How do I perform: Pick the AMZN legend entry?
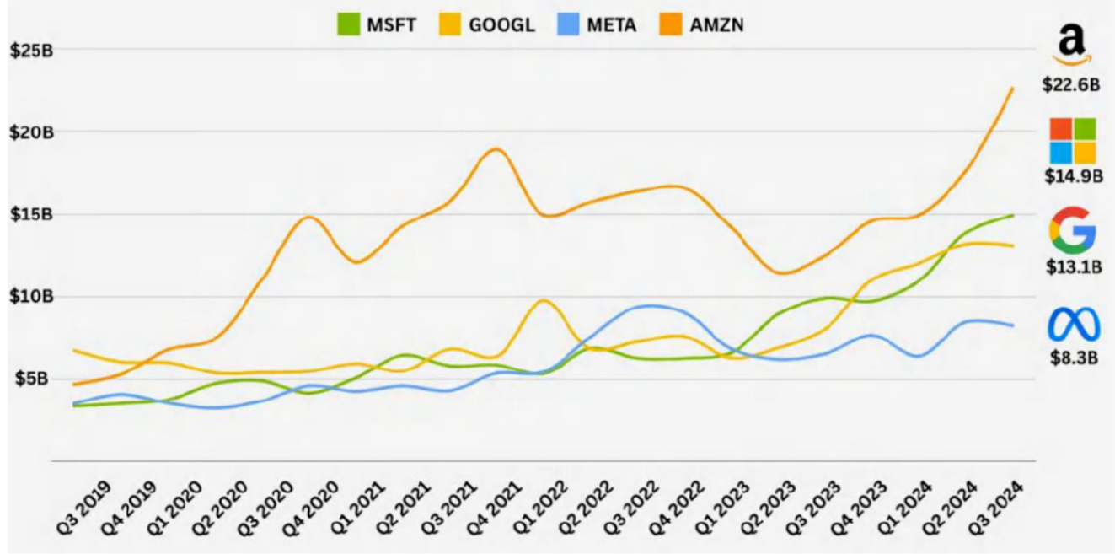click(705, 24)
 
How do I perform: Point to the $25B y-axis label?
click(31, 50)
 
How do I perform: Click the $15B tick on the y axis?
click(31, 214)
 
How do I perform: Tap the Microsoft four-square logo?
click(1072, 140)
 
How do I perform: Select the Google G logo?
click(1072, 230)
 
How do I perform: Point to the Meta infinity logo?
click(1072, 325)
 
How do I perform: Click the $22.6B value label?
click(1072, 84)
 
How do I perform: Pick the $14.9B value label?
click(1072, 176)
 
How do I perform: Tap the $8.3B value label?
click(1072, 358)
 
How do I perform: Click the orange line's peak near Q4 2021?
click(496, 149)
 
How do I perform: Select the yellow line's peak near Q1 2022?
click(544, 300)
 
